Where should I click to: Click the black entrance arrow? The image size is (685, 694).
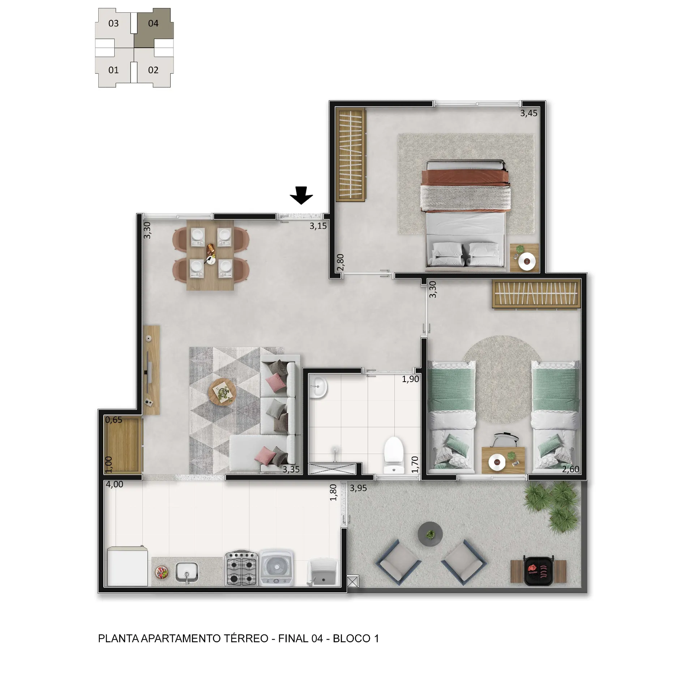coord(301,195)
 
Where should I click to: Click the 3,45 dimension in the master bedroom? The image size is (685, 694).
coord(528,113)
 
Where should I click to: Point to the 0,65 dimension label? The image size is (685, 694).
coord(114,420)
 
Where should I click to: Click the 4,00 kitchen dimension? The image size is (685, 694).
coord(115,484)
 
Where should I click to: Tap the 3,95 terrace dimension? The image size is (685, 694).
coord(358,488)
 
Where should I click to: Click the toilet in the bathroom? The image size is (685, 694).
coord(393,455)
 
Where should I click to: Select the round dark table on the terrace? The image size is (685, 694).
coord(430,534)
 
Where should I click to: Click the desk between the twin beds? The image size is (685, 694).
coord(503,460)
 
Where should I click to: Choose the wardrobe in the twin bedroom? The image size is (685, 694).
coord(536,294)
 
